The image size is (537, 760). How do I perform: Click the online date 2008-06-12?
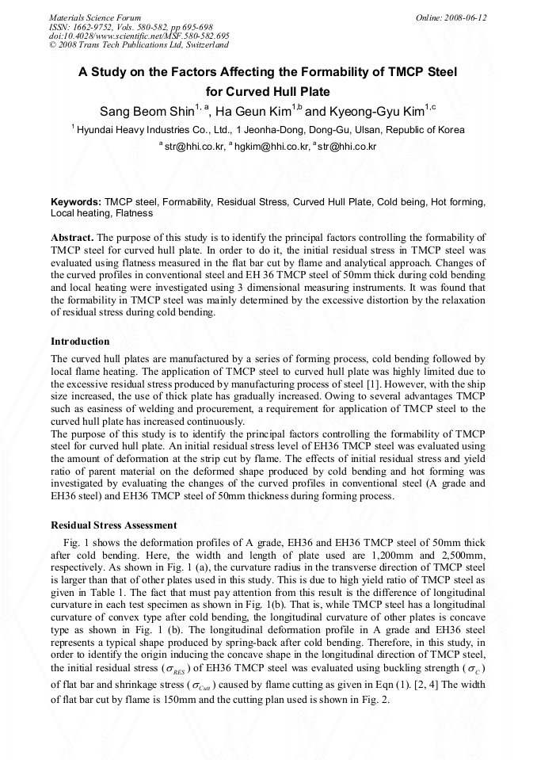(467, 17)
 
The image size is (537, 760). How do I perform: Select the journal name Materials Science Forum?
(95, 17)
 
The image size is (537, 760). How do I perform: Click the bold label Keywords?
(76, 203)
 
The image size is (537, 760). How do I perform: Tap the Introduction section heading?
(80, 342)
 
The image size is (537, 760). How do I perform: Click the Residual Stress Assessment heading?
(113, 525)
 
